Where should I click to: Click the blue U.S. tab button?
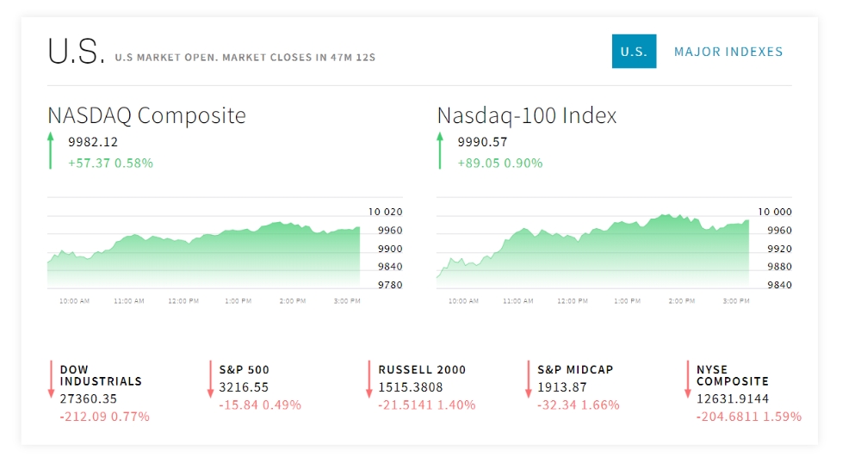tap(634, 52)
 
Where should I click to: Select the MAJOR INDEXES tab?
tap(728, 52)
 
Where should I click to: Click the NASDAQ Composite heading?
tap(146, 115)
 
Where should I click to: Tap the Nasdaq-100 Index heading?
tap(527, 115)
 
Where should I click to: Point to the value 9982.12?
tap(93, 142)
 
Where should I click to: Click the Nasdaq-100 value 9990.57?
tap(482, 142)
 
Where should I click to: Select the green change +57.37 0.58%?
tap(110, 163)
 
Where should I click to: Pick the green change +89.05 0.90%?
tap(500, 163)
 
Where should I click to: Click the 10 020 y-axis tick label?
tap(385, 212)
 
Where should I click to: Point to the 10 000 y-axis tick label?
tap(775, 212)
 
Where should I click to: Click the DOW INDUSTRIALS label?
tap(101, 375)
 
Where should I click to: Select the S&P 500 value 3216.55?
tap(244, 388)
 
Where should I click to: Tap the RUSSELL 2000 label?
tap(422, 370)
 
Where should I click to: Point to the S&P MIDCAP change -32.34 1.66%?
tap(578, 405)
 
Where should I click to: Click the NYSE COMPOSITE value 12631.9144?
tap(733, 399)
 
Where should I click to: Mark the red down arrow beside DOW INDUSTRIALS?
tap(52, 380)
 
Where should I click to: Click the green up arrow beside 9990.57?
tap(440, 151)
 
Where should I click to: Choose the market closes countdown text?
tap(245, 58)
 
